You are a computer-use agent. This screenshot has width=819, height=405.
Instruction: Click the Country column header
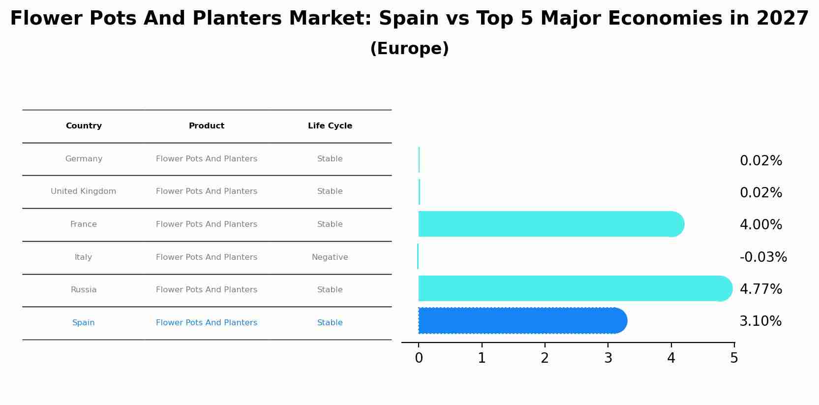click(x=84, y=126)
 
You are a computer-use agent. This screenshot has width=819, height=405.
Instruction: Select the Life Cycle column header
click(x=330, y=126)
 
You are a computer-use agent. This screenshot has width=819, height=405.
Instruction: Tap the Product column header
click(x=207, y=126)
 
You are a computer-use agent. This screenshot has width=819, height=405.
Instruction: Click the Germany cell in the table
click(x=84, y=159)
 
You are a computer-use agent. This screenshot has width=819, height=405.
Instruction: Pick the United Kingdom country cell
click(x=84, y=191)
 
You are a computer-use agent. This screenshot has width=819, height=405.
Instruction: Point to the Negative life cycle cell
click(x=330, y=257)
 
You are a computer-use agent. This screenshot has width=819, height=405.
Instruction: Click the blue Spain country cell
click(x=84, y=323)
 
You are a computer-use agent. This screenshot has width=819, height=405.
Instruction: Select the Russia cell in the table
click(x=84, y=290)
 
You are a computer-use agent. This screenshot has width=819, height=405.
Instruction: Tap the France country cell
click(x=84, y=224)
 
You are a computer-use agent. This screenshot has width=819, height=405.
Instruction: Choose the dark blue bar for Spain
click(x=521, y=321)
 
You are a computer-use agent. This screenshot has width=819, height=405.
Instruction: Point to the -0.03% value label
click(x=763, y=257)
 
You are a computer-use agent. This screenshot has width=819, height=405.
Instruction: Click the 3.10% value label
click(x=760, y=321)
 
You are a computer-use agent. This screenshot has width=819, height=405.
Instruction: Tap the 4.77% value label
click(x=760, y=289)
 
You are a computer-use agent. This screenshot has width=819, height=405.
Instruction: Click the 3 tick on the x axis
click(x=608, y=358)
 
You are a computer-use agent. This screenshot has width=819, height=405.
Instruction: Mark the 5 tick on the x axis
click(x=734, y=358)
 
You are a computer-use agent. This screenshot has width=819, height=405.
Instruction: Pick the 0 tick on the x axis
click(x=419, y=358)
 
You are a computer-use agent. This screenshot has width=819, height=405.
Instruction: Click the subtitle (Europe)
click(x=409, y=49)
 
